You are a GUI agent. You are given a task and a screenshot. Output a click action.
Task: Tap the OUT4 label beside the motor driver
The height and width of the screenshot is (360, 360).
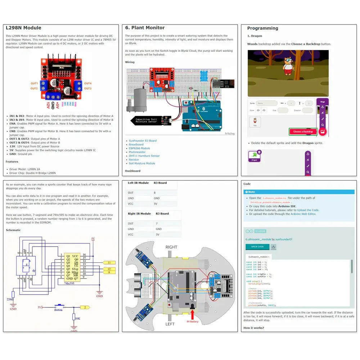88,83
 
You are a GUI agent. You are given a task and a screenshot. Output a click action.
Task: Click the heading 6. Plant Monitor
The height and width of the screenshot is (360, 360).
145,28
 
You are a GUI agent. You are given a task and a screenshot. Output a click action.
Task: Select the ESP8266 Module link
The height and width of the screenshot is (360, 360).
139,148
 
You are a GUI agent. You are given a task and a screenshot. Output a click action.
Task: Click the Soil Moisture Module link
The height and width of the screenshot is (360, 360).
142,163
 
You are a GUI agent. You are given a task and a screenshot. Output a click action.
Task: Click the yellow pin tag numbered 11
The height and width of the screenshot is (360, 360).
109,262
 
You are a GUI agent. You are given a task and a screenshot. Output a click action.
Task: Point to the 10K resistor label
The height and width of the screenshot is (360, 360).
78,318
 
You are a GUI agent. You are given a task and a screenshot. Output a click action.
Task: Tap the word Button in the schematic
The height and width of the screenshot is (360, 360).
58,310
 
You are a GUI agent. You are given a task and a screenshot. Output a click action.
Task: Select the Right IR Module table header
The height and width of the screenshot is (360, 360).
139,214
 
